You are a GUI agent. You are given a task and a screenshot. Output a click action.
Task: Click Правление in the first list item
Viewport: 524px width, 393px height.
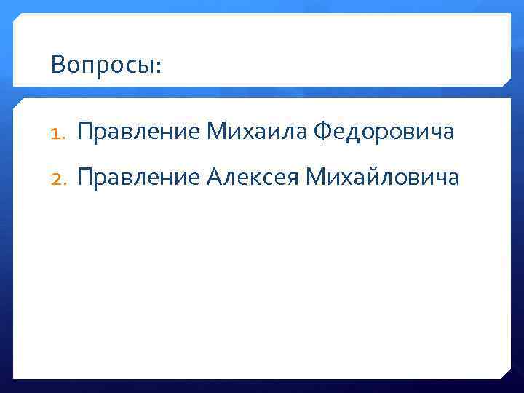tap(138, 132)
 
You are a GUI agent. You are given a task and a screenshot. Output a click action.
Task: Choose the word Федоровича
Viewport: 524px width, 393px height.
tap(384, 132)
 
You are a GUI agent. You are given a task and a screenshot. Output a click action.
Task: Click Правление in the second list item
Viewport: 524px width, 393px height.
tap(138, 177)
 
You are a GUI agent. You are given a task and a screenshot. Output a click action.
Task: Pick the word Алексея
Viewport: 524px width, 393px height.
tap(253, 177)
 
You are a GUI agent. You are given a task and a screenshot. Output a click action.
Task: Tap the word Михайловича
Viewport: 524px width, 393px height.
tap(384, 177)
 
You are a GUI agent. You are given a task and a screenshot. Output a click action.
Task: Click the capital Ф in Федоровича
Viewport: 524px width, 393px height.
tap(322, 132)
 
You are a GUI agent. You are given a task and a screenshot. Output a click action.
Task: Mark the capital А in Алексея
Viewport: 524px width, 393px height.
tap(215, 177)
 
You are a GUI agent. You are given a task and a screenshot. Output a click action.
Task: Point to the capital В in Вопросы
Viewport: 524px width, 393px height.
tap(58, 65)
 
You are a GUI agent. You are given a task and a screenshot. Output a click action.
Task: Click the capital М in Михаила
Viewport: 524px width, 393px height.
tap(216, 132)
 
